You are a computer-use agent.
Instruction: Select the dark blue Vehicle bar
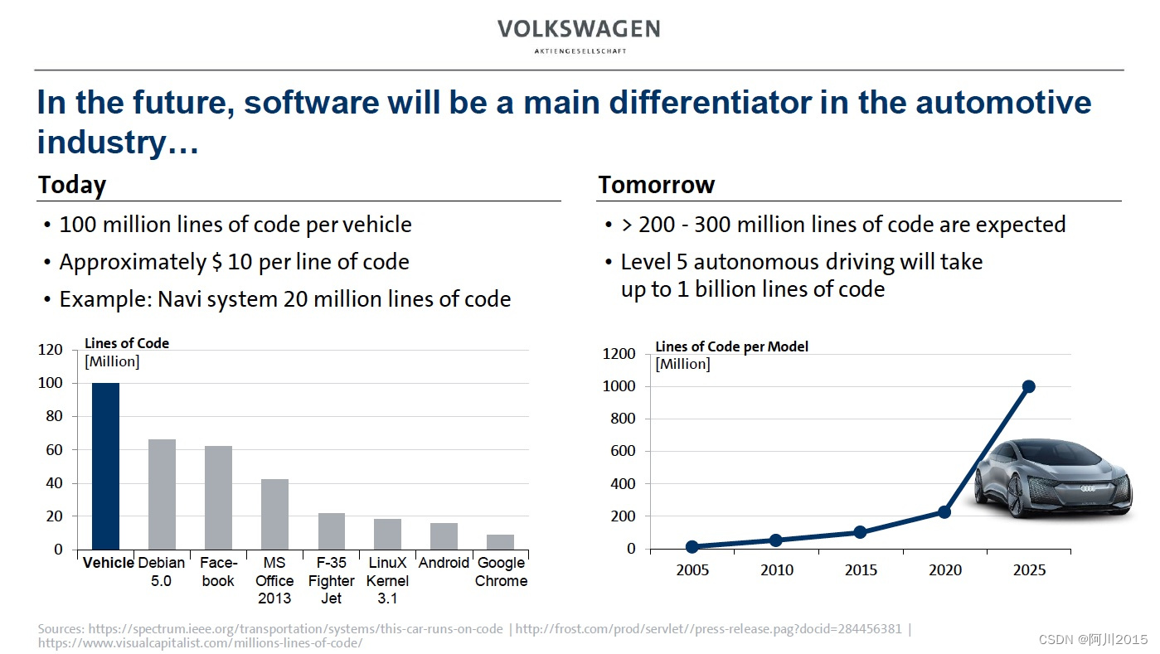coord(105,466)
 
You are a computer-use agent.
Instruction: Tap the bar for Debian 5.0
coord(162,494)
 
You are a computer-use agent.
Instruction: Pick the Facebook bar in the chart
coord(218,497)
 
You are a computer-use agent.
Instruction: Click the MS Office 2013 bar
coord(274,514)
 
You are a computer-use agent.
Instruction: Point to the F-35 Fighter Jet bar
coord(332,531)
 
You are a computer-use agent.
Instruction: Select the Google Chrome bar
coord(501,542)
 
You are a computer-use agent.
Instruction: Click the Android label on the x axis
coord(444,563)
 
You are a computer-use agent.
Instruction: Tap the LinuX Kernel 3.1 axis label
coord(387,580)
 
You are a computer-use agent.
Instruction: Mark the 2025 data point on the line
coord(1029,386)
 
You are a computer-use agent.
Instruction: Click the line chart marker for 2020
coord(944,512)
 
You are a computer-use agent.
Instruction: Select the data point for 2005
coord(692,547)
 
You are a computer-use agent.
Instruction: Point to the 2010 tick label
coord(776,570)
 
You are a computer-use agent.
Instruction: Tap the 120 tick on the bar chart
coord(51,350)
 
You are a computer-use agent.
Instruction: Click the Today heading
coord(72,185)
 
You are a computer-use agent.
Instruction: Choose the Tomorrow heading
coord(656,185)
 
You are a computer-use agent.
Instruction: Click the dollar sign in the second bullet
coord(217,263)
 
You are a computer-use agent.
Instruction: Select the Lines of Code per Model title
coord(731,346)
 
